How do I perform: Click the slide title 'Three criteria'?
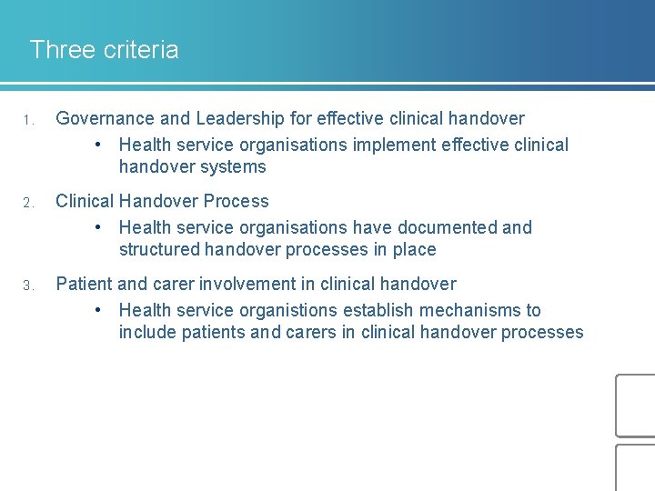104,49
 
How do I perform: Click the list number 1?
29,120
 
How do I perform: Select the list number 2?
29,203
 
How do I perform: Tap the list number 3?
29,286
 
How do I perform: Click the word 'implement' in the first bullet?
392,145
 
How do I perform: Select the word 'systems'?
236,166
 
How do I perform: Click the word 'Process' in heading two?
237,201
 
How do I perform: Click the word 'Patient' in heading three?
84,284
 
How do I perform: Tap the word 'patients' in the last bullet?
213,332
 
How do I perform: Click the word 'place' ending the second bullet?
414,249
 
